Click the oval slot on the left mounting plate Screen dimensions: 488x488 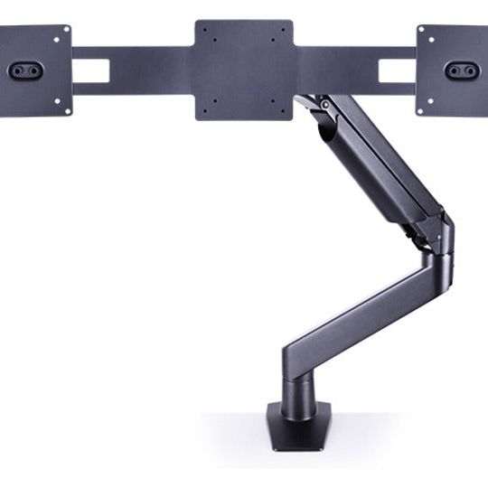[x=24, y=70]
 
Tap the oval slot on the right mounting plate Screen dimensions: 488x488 [x=461, y=70]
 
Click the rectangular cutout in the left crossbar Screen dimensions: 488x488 [x=90, y=70]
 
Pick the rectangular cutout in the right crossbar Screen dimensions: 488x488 [x=397, y=70]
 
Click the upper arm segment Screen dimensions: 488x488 [x=380, y=163]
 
